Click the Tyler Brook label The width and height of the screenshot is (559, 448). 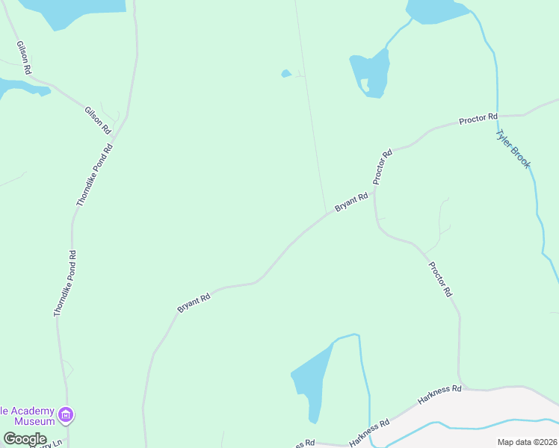coord(513,149)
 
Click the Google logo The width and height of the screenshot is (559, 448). coord(25,439)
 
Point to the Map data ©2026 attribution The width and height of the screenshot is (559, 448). coord(527,442)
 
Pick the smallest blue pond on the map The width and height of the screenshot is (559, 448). coord(285,73)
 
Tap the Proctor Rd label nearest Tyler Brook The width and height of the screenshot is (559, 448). coord(478,118)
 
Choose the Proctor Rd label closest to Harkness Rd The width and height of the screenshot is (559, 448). coord(439,279)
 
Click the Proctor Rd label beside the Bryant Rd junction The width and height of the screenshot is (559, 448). coord(383,167)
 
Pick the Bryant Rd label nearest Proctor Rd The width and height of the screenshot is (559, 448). coord(351,202)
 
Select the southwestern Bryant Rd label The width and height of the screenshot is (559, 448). coord(194,302)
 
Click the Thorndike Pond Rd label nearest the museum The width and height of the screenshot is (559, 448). coord(65,284)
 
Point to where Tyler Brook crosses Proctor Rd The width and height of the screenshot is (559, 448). coord(497,116)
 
